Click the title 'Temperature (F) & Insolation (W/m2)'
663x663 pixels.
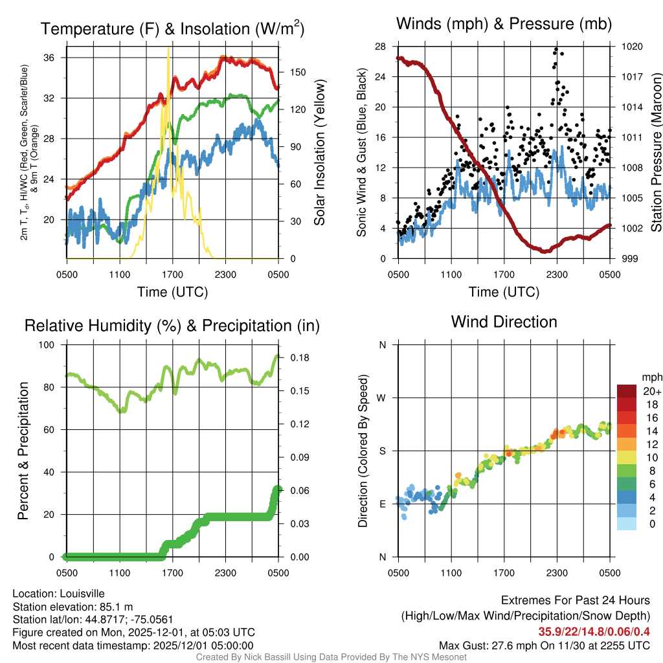pyautogui.click(x=172, y=28)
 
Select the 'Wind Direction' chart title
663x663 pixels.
pyautogui.click(x=504, y=322)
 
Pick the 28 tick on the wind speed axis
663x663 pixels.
pyautogui.click(x=381, y=47)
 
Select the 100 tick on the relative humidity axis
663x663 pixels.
pyautogui.click(x=48, y=345)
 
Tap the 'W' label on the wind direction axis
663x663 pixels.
pyautogui.click(x=383, y=398)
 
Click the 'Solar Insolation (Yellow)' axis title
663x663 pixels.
pyautogui.click(x=319, y=153)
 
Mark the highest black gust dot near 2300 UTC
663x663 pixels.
pyautogui.click(x=556, y=49)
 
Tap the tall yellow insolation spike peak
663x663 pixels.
pyautogui.click(x=169, y=49)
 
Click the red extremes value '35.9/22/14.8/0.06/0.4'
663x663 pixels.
pyautogui.click(x=594, y=631)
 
